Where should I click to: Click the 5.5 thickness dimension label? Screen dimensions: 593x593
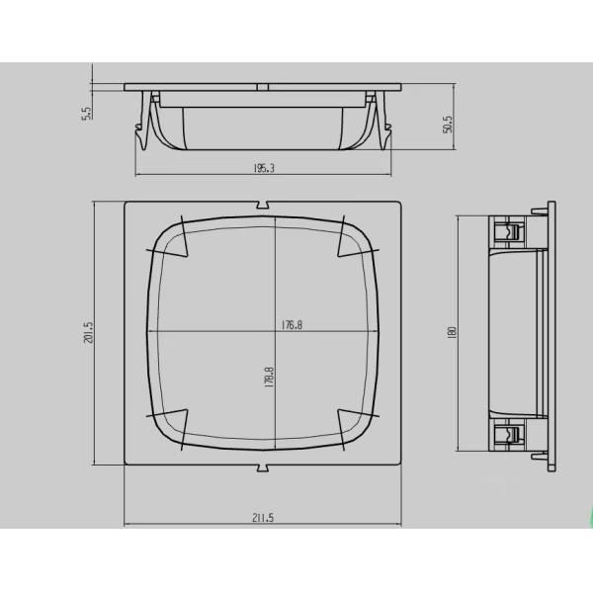tap(87, 114)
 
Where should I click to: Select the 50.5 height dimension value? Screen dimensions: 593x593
tap(448, 124)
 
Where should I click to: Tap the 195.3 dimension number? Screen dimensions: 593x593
tap(265, 168)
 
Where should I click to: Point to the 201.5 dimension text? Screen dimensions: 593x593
tap(88, 333)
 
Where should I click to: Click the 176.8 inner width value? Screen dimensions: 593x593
tap(292, 323)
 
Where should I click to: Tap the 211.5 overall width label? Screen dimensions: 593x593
tap(263, 517)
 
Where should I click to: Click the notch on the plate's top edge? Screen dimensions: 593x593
tap(264, 206)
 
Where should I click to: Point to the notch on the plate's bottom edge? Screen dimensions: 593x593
tap(264, 464)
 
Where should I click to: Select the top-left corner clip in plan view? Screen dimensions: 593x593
tap(170, 237)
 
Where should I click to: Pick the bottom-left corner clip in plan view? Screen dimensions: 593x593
tap(170, 425)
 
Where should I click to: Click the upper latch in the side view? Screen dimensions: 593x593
tap(508, 234)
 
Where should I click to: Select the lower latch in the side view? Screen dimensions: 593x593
tap(508, 432)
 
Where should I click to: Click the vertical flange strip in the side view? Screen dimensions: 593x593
tap(551, 333)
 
